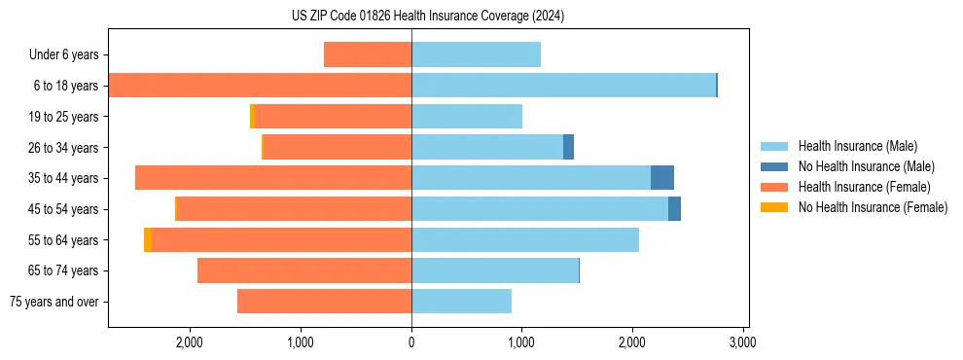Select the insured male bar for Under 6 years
coord(476,54)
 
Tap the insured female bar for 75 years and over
coord(324,302)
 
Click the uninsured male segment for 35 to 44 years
coord(662,178)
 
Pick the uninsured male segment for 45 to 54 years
coord(674,208)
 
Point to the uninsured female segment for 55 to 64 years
coord(148,239)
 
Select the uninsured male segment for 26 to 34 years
coord(568,147)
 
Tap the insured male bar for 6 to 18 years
coord(563,86)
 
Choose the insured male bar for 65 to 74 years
coord(495,270)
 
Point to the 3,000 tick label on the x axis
coord(743,342)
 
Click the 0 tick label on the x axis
coord(411,342)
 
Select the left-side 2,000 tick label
coord(189,342)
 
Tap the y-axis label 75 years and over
coord(53,302)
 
